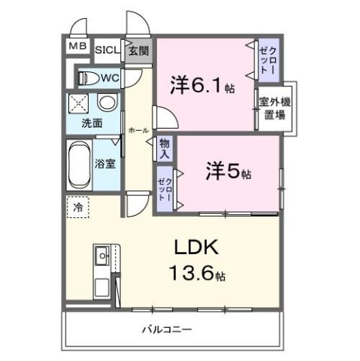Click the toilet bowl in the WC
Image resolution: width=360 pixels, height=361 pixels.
(x=87, y=77)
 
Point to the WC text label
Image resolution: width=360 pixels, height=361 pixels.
(x=110, y=77)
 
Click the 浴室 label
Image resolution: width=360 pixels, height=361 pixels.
(x=104, y=163)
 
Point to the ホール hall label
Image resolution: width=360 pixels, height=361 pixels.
(x=138, y=130)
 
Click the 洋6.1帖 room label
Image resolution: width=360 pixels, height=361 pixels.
(x=202, y=85)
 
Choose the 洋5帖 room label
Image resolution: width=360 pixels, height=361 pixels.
(x=228, y=172)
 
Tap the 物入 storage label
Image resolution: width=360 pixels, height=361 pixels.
(x=165, y=147)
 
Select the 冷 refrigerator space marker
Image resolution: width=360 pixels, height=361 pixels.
(x=77, y=203)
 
